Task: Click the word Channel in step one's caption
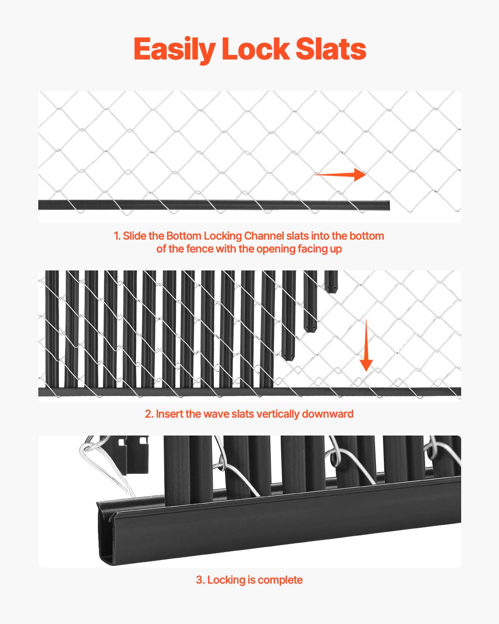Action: (x=264, y=236)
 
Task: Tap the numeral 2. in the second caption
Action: (x=149, y=414)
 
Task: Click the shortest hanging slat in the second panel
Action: (x=331, y=282)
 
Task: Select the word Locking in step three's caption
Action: (x=227, y=580)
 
